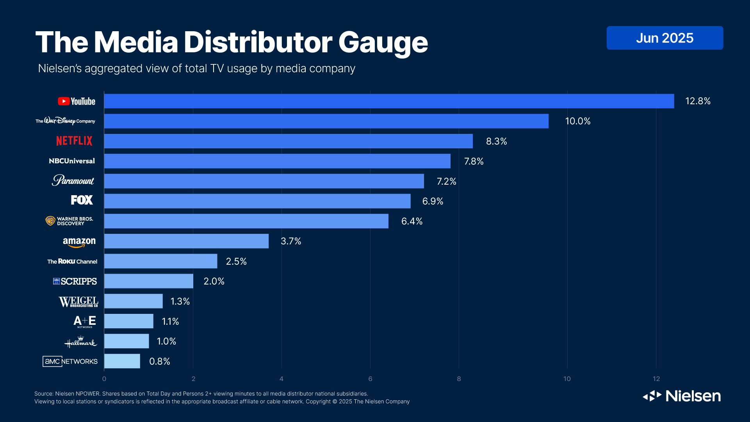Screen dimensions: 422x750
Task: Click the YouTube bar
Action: point(389,101)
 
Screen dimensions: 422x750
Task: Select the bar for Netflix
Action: point(288,141)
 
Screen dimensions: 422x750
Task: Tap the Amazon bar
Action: point(186,241)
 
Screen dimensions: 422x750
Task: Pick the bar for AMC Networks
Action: point(122,361)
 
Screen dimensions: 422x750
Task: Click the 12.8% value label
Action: point(698,101)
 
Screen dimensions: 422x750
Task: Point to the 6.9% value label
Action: point(433,201)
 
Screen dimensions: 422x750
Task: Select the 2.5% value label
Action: point(236,261)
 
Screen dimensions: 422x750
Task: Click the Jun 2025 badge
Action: point(664,38)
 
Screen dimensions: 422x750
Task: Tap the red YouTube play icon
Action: point(64,101)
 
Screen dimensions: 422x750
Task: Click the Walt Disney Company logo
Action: point(65,121)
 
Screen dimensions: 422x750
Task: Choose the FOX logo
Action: point(82,200)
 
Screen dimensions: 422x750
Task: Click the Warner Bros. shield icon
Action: point(50,221)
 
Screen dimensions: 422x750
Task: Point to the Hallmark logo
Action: point(80,342)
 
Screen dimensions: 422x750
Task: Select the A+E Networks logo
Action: point(84,321)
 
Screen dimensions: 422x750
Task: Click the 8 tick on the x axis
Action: point(459,379)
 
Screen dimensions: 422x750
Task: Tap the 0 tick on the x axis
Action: point(104,379)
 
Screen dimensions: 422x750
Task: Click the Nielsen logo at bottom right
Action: point(682,396)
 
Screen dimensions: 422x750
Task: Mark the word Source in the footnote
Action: point(43,394)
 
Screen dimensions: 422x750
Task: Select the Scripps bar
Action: point(148,281)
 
